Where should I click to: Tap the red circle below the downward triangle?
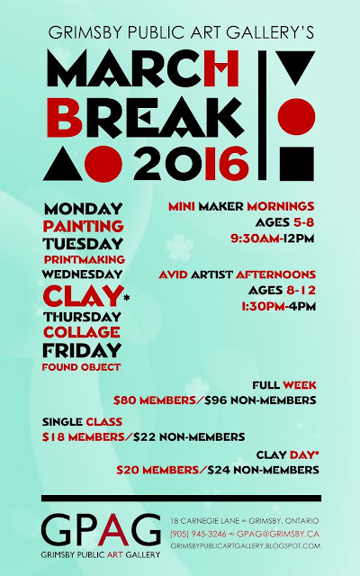296,117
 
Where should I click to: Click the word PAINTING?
83,226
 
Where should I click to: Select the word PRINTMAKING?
85,260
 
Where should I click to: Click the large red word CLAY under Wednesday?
82,295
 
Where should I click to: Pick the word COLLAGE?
82,332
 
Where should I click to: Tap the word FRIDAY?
82,350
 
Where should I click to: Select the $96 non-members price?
260,400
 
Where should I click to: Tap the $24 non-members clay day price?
263,470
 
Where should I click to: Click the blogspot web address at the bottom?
246,546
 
